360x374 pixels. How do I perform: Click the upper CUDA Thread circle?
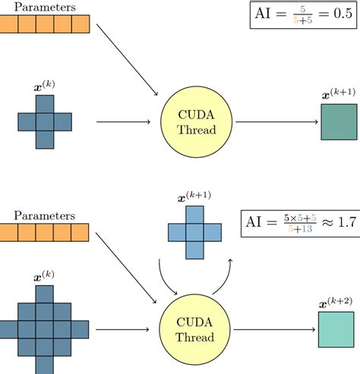point(197,121)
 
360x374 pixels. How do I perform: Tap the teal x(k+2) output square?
point(336,330)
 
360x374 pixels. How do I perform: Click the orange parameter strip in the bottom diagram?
point(46,213)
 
